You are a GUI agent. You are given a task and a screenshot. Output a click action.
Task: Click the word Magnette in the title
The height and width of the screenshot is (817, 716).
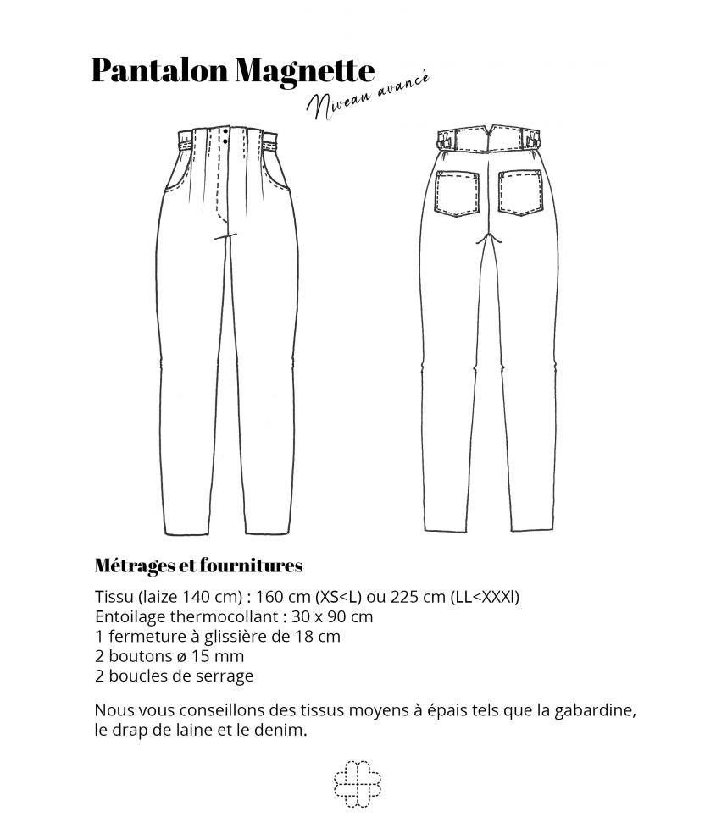coord(304,71)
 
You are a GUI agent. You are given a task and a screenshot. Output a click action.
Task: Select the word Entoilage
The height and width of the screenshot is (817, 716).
coord(131,616)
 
